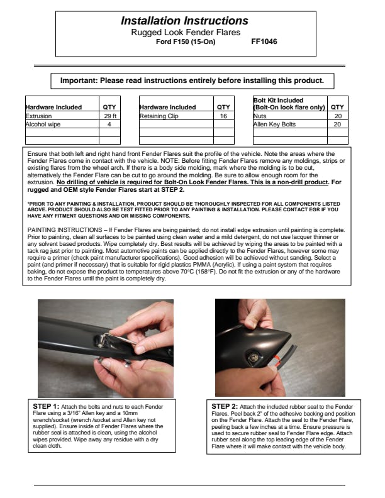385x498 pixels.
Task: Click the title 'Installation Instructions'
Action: [184, 21]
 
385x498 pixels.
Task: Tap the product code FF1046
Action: [264, 42]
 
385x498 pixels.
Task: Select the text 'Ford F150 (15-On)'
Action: [184, 42]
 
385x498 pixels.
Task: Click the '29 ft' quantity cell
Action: [110, 116]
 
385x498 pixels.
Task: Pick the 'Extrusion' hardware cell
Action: [39, 116]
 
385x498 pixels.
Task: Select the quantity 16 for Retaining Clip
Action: [223, 116]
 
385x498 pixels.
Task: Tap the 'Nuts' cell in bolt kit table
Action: [260, 116]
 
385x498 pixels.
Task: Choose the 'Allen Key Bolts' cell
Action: [274, 124]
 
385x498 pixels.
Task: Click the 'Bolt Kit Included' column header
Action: [289, 104]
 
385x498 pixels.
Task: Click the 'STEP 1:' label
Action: [46, 406]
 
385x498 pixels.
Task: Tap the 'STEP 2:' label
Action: [225, 406]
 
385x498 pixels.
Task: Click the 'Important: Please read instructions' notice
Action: [192, 80]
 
